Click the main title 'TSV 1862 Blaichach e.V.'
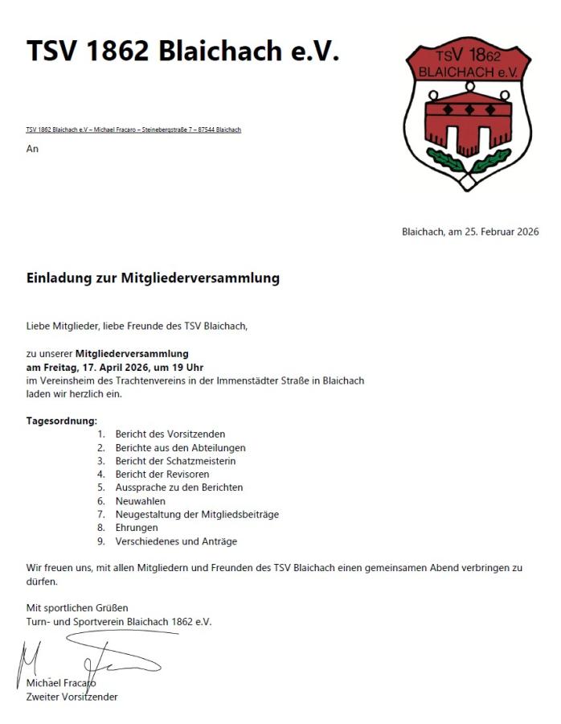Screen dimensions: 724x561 pos(182,51)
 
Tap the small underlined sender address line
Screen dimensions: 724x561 pos(133,130)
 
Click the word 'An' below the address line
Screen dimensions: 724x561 pos(32,149)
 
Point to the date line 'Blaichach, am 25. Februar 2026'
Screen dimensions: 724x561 pos(470,232)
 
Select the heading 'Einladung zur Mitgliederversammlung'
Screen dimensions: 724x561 pos(153,278)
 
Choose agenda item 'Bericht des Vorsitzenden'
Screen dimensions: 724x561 pos(170,434)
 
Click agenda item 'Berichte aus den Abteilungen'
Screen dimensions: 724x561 pos(180,447)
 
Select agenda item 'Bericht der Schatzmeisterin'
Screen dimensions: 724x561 pos(175,461)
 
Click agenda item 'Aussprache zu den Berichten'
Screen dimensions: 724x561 pos(178,487)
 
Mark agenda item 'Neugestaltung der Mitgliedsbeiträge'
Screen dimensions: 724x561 pos(197,514)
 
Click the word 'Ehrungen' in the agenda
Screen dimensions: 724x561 pos(137,528)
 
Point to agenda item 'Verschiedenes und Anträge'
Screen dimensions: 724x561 pos(176,541)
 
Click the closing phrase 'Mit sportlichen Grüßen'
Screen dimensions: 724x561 pos(77,607)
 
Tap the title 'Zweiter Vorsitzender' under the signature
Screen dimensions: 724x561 pos(72,697)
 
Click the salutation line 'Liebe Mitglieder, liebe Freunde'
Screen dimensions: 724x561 pos(137,327)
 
